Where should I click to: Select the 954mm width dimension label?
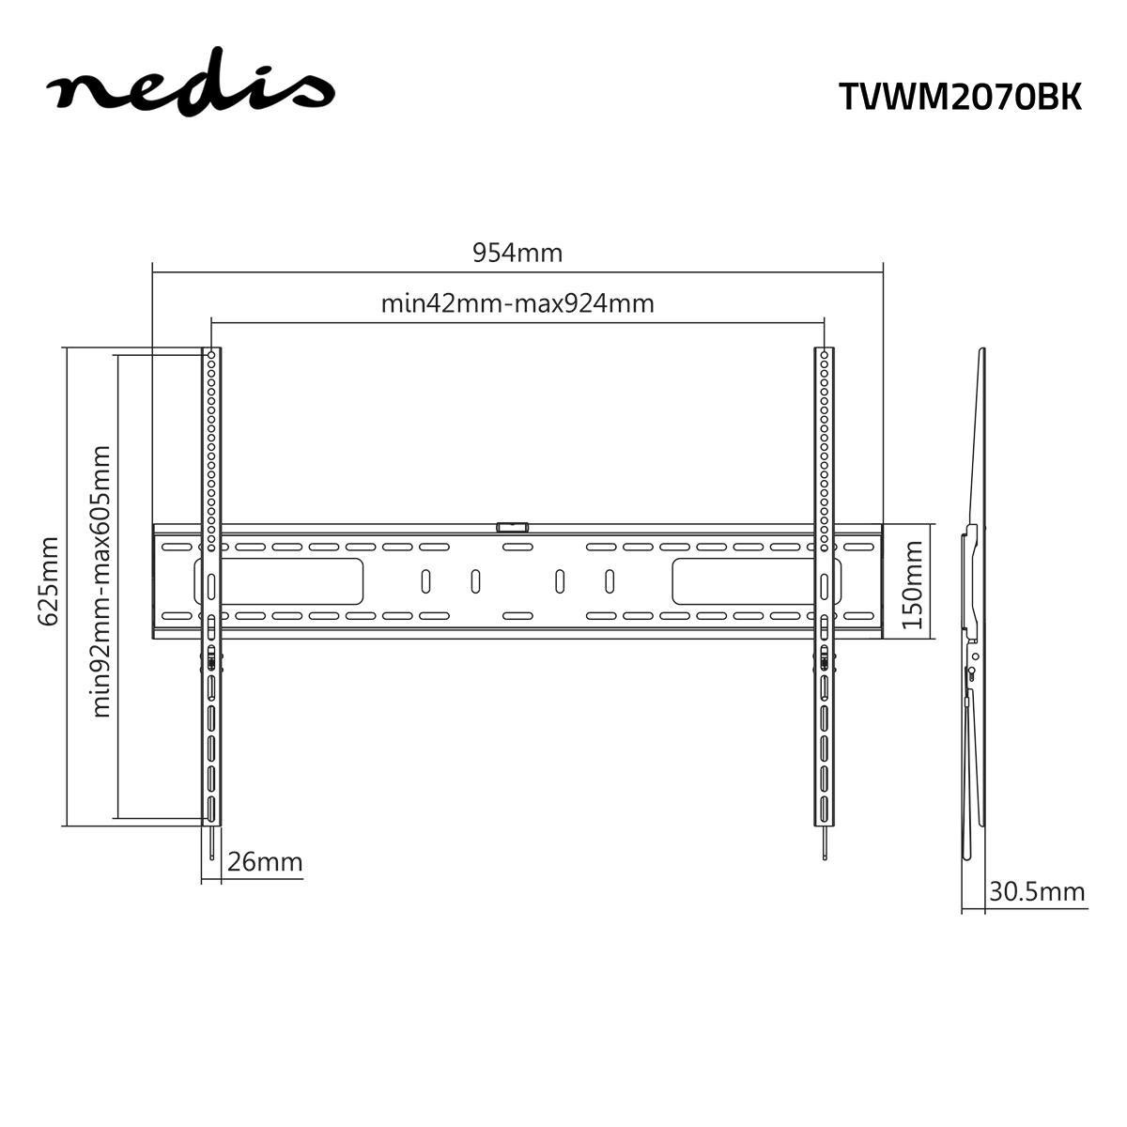point(517,253)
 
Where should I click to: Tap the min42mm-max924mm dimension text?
point(517,304)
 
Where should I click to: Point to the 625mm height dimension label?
point(48,580)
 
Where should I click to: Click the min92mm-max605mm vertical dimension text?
point(101,580)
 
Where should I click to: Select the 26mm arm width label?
point(265,861)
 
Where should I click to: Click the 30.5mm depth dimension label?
point(1036,891)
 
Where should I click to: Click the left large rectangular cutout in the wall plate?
point(283,581)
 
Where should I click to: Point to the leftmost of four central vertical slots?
point(425,581)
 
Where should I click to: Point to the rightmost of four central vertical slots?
point(610,581)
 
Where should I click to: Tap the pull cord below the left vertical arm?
point(213,843)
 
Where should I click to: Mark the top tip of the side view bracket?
point(982,352)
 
